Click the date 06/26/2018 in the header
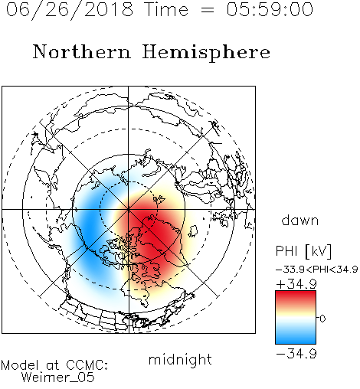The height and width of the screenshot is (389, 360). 70,9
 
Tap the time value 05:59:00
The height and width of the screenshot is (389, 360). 270,9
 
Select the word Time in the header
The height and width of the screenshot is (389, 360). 166,9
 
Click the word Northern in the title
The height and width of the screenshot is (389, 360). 82,51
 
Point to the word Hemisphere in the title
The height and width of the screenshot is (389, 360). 206,52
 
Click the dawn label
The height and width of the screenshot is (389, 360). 300,221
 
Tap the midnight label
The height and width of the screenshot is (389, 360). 180,360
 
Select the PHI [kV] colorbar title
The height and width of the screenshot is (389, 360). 303,251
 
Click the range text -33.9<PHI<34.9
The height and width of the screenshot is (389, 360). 316,270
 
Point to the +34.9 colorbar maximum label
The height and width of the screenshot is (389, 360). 296,284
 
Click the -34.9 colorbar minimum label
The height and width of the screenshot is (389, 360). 296,354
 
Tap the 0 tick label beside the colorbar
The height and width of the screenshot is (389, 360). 322,319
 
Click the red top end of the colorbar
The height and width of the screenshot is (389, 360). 296,293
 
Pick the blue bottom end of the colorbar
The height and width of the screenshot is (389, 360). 296,342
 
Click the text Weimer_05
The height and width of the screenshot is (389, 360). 58,378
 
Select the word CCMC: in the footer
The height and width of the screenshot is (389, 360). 87,365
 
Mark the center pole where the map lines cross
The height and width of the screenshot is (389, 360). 129,210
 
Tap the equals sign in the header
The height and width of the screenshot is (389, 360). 208,10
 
